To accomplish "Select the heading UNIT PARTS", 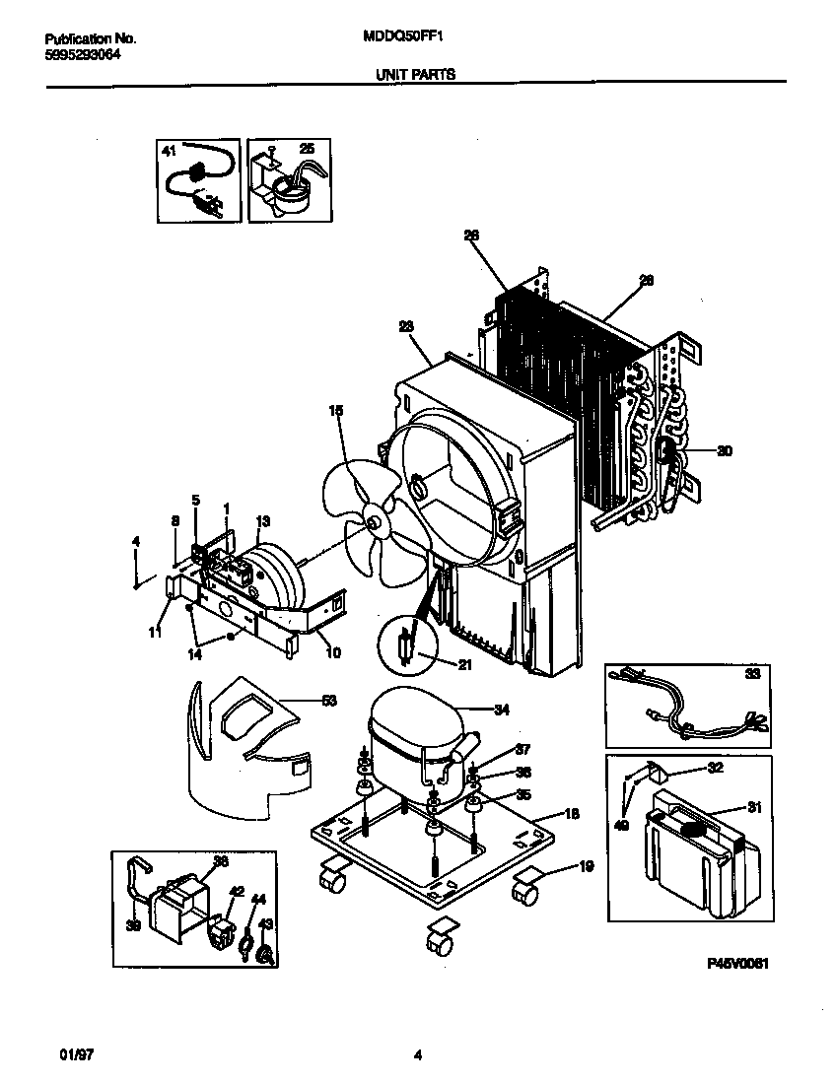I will coord(415,73).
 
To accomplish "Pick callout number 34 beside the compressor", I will coord(502,709).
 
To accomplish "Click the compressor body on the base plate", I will coord(414,739).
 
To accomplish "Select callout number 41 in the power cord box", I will coord(168,151).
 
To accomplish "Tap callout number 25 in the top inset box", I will coord(307,149).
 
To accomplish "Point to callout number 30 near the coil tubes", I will coord(725,452).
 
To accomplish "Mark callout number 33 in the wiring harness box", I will coord(752,675).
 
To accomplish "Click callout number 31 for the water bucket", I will coord(754,808).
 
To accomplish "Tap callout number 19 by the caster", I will coord(586,867).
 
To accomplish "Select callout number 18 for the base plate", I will coord(572,814).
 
